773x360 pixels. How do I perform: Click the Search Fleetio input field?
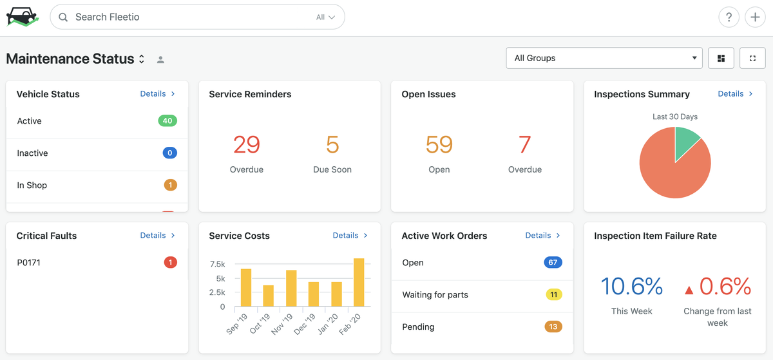point(193,17)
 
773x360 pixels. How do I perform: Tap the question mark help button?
point(729,17)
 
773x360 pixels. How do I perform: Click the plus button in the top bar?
point(755,17)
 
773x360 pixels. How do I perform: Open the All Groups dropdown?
point(604,58)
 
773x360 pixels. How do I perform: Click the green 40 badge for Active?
point(167,120)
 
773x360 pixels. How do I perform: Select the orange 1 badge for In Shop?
point(170,185)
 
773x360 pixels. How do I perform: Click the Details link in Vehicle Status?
point(157,93)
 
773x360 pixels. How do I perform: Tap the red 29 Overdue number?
point(247,145)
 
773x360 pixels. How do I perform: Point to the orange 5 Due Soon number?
point(332,145)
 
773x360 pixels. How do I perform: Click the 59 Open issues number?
point(439,145)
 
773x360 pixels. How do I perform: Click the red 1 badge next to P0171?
point(170,262)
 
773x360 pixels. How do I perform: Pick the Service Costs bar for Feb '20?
point(359,282)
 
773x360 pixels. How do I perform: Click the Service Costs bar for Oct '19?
point(269,296)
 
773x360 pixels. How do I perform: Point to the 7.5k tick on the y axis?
point(218,265)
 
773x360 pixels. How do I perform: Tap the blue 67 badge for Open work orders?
point(553,262)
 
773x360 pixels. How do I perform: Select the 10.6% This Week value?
point(631,286)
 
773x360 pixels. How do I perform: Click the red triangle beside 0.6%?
point(689,290)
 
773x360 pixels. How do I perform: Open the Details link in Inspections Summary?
point(735,93)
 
